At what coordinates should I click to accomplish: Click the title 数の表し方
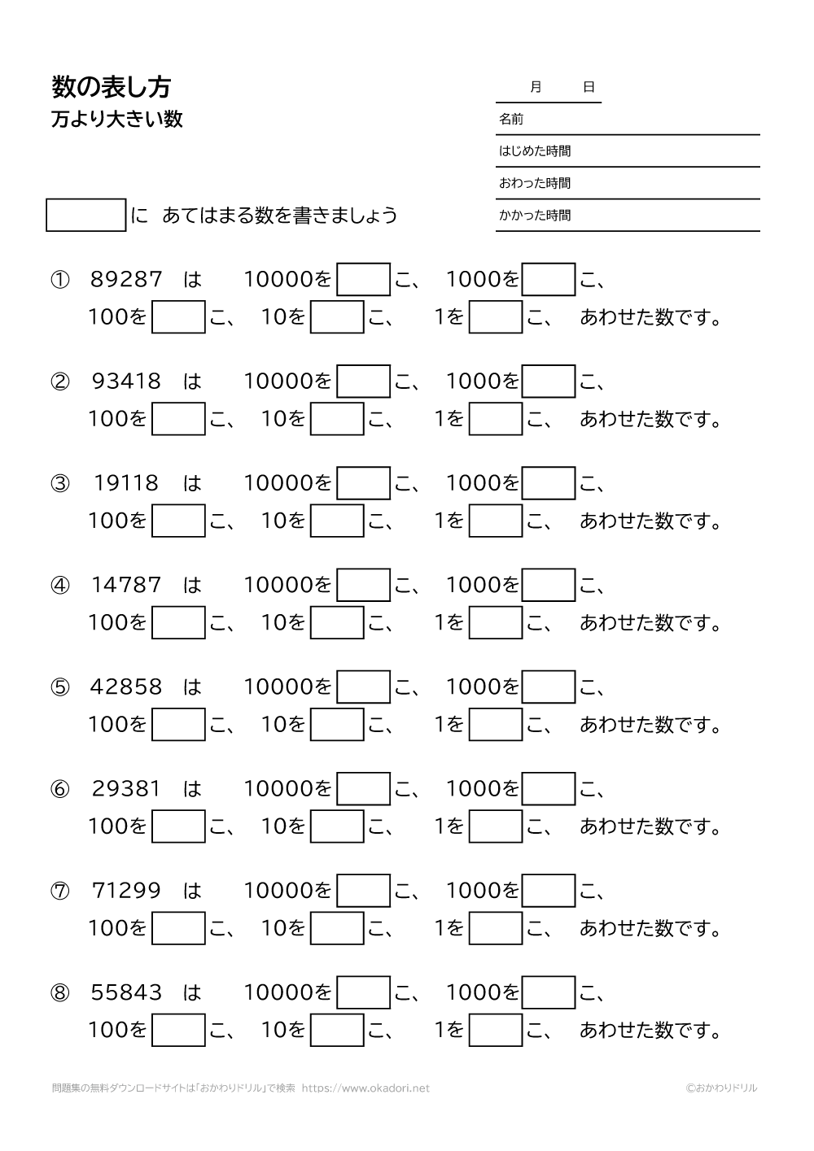coord(111,87)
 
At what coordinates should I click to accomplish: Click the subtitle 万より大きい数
coord(117,120)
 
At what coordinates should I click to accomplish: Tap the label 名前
coord(511,120)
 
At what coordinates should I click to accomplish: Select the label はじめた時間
coord(535,151)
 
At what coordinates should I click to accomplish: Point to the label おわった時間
coord(535,184)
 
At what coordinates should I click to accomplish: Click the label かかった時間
coord(535,216)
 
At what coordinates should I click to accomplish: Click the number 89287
coord(127,280)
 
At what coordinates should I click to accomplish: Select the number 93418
coord(127,381)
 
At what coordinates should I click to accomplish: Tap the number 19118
coord(127,483)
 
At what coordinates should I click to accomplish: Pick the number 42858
coord(127,687)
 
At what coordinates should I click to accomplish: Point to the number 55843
coord(127,992)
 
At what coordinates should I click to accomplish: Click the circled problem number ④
coord(60,586)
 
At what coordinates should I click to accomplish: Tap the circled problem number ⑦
coord(60,891)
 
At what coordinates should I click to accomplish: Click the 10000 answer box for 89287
coord(364,279)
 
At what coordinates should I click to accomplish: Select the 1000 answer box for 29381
coord(549,788)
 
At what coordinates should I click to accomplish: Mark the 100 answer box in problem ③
coord(178,521)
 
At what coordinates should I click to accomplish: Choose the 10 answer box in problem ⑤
coord(337,724)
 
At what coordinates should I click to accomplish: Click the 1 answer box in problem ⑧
coord(496,1030)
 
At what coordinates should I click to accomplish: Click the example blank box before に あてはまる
coord(86,216)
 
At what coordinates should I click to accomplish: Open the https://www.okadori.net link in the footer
coord(365,1088)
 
